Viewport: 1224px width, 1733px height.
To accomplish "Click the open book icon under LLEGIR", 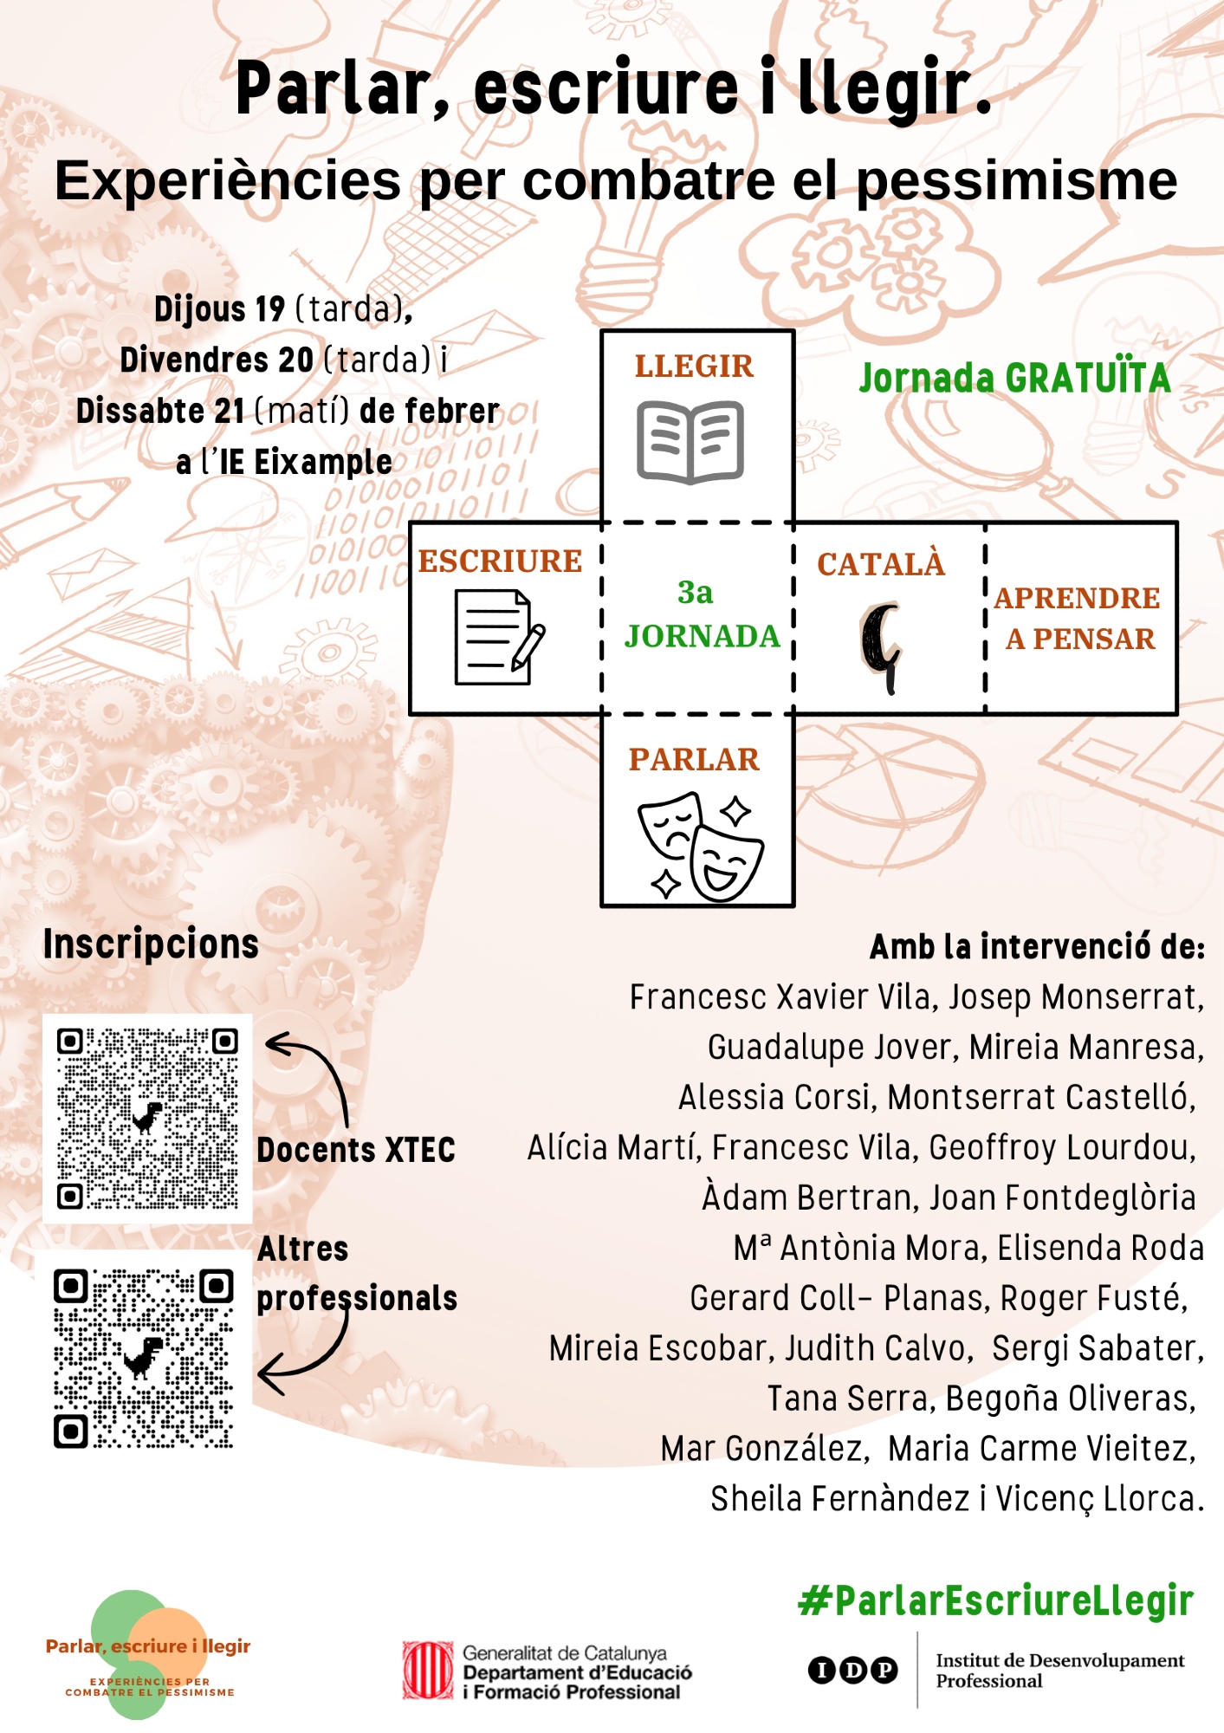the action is point(690,442).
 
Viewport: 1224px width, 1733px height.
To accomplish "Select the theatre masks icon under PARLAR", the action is point(701,847).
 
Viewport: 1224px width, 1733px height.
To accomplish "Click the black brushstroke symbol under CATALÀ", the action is point(881,647).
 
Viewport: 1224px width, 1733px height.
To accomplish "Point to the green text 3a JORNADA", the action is point(702,614).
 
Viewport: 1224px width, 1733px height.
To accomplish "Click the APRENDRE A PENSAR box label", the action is point(1078,618).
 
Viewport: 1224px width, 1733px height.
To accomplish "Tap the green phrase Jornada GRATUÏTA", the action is point(1014,378).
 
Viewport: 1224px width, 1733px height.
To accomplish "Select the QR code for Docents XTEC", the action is point(147,1118).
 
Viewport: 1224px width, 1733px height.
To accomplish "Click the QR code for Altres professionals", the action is point(144,1358).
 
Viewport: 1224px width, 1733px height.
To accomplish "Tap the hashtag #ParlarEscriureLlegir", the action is point(996,1601).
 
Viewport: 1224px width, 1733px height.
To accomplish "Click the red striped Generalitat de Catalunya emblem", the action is point(428,1670).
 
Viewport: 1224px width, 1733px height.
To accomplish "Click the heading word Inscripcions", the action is point(151,944).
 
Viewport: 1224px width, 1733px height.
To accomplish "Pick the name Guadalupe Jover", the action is point(830,1048).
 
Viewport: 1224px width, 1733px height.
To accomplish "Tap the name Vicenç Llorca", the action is point(1100,1499).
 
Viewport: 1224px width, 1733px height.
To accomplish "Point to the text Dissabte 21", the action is point(160,411).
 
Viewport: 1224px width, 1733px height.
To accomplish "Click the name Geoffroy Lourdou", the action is point(1062,1148).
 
